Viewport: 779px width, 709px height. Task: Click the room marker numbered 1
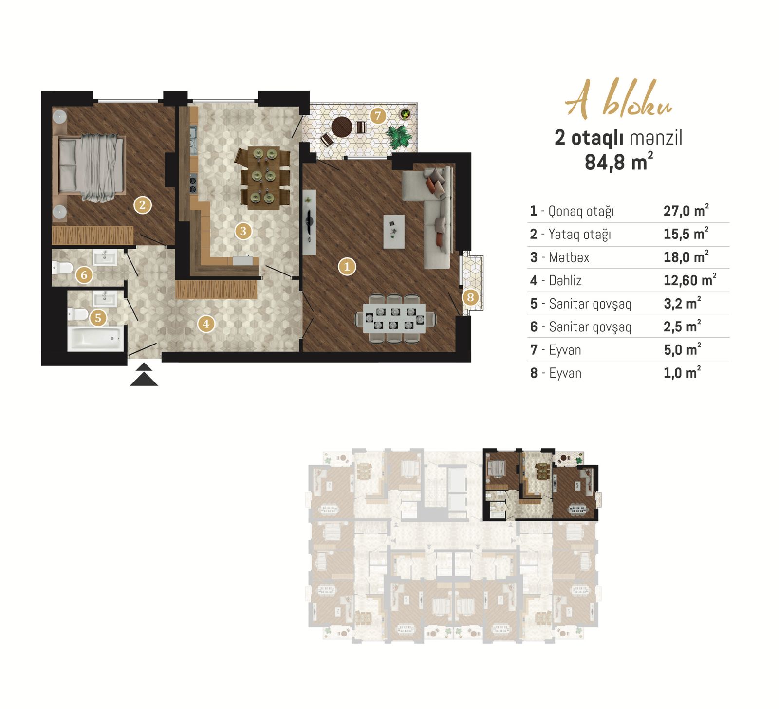347,266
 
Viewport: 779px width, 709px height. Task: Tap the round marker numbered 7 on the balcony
378,116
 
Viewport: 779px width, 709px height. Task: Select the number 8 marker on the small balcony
470,297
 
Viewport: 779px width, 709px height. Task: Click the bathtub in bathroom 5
95,338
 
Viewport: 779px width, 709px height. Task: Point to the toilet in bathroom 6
62,268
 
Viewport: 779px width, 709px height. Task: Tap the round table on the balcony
342,127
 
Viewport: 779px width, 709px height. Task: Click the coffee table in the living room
394,232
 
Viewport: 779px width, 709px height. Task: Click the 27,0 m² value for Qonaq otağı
686,211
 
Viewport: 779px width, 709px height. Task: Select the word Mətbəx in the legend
569,257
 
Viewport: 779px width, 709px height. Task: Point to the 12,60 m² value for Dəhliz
690,280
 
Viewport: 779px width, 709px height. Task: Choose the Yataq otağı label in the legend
579,235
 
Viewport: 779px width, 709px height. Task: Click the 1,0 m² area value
682,373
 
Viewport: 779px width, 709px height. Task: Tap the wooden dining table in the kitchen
263,178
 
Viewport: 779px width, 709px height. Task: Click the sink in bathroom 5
105,298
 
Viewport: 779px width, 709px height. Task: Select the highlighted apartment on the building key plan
540,484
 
